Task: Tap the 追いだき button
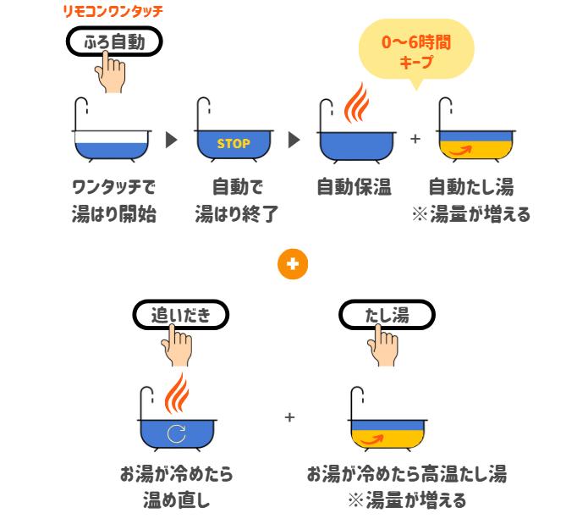(181, 315)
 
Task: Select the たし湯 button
(387, 315)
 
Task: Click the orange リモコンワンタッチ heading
(113, 12)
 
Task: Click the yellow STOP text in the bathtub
(234, 144)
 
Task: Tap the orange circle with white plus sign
(293, 264)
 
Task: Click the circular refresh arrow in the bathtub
(177, 433)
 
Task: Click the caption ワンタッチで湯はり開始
(113, 200)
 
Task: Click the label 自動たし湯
(470, 186)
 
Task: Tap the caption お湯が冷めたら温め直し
(176, 487)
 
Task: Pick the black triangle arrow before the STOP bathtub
(172, 141)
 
